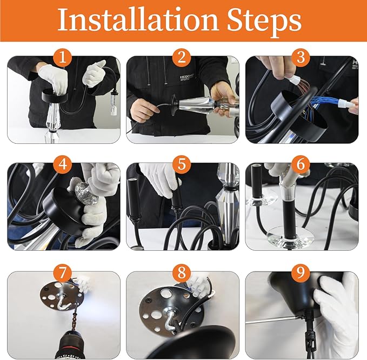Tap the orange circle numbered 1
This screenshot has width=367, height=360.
pos(62,57)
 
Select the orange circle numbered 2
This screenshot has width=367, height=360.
pos(182,57)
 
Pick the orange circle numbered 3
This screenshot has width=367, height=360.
pos(301,57)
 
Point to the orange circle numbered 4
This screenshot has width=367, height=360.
pos(62,164)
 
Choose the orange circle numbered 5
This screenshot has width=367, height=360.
pos(182,164)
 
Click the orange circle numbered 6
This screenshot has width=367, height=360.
pos(301,164)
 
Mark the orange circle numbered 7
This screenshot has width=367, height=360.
pos(62,272)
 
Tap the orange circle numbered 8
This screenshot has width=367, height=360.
pos(182,272)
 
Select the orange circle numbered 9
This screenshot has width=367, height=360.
pos(301,272)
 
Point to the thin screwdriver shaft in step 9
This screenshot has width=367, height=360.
pos(275,320)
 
